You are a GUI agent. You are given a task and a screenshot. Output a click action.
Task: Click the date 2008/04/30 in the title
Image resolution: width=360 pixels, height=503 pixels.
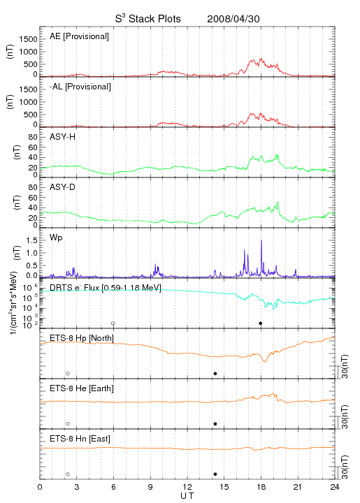click(x=233, y=19)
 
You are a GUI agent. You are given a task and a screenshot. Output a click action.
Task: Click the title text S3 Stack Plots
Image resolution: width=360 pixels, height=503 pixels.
click(x=148, y=19)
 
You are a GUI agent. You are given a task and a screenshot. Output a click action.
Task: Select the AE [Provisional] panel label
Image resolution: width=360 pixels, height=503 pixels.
click(x=79, y=36)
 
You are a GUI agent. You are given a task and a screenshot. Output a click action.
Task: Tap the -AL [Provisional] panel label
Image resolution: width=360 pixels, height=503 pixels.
click(x=80, y=87)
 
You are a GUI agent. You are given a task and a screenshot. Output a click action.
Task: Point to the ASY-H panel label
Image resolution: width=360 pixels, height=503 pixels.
click(x=63, y=137)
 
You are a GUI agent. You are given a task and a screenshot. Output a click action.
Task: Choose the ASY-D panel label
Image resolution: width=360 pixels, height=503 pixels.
click(x=63, y=187)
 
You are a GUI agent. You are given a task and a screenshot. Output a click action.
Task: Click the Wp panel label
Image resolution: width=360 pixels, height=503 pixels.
click(x=56, y=238)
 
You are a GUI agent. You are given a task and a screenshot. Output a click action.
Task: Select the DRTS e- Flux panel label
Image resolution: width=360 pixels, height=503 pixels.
click(x=106, y=288)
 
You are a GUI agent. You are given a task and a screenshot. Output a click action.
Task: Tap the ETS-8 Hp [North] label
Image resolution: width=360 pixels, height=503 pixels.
click(x=82, y=338)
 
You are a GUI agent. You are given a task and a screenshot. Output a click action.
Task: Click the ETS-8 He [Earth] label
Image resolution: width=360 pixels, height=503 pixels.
click(x=82, y=388)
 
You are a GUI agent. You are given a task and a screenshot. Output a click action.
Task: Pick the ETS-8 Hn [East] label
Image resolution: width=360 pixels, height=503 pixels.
click(x=80, y=439)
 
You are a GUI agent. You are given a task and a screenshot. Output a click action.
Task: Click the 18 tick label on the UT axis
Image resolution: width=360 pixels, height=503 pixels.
click(x=261, y=487)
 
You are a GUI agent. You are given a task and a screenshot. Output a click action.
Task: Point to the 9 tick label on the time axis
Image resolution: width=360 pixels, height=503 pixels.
click(x=150, y=487)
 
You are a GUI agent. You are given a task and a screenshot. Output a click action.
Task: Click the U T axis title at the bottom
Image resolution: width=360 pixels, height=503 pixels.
click(x=187, y=496)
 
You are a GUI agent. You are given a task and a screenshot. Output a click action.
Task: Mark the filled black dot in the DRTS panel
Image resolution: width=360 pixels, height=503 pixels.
click(x=261, y=323)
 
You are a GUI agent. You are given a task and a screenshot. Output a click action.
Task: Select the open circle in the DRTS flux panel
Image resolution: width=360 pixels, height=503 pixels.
click(x=113, y=323)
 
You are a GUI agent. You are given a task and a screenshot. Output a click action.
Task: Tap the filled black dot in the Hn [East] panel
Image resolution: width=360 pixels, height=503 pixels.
click(x=215, y=474)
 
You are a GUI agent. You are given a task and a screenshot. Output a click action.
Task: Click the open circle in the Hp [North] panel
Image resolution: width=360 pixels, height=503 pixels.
click(x=68, y=374)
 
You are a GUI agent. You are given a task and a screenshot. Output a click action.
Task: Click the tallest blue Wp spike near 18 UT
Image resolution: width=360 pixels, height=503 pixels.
click(x=261, y=240)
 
